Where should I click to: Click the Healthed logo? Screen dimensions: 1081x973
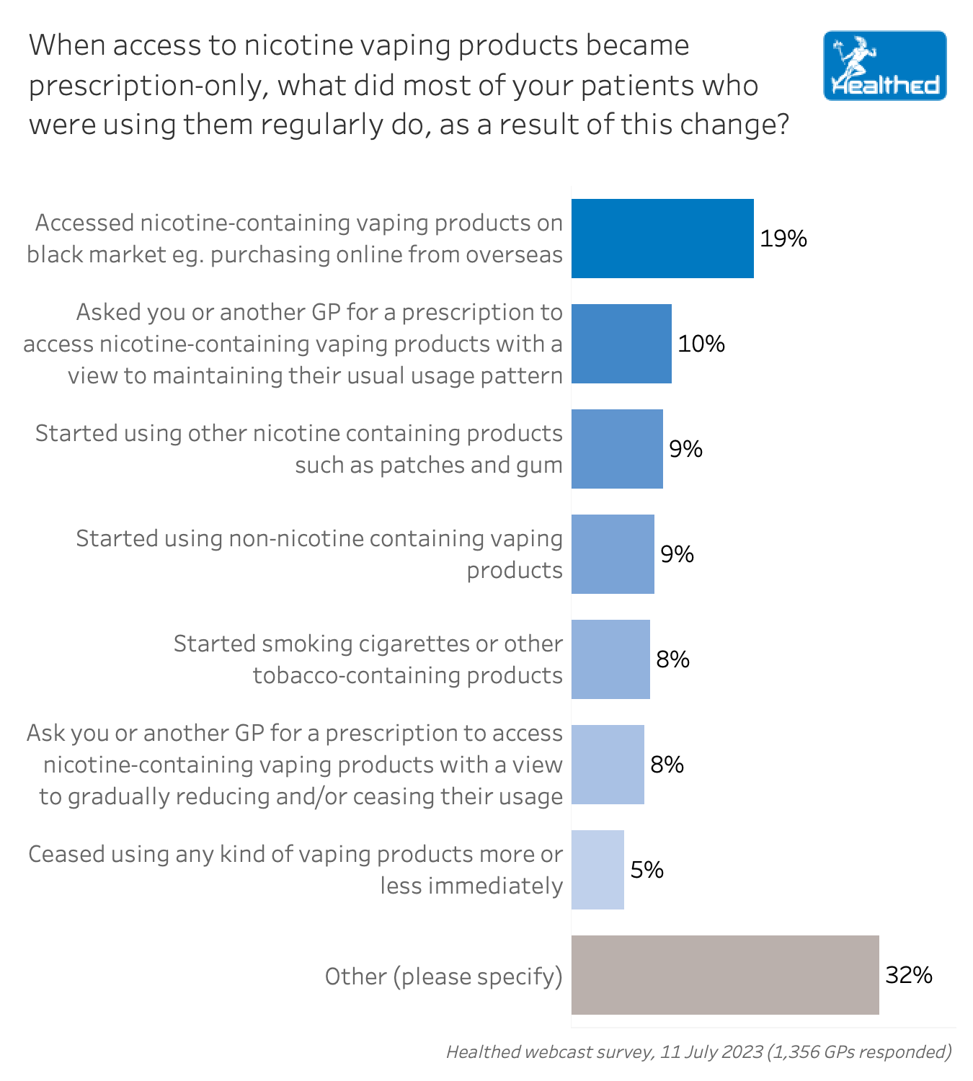click(884, 66)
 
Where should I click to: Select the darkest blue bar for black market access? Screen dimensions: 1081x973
click(662, 239)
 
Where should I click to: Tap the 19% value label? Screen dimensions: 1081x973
click(783, 239)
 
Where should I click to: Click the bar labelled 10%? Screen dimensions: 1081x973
click(621, 344)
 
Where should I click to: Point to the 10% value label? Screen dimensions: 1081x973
click(701, 344)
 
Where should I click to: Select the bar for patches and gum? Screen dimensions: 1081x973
click(617, 449)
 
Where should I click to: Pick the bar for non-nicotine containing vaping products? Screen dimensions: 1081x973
click(613, 554)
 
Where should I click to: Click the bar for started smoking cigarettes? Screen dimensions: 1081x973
click(610, 659)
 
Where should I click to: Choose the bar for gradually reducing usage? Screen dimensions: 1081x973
click(608, 765)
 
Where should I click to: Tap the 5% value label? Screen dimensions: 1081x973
click(647, 870)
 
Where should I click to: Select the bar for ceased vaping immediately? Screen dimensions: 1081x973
click(597, 870)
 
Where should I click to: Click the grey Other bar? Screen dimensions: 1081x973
click(725, 975)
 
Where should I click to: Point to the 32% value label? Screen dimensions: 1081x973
click(909, 975)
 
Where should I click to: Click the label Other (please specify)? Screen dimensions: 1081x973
click(443, 977)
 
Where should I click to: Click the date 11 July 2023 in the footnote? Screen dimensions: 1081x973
click(711, 1052)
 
